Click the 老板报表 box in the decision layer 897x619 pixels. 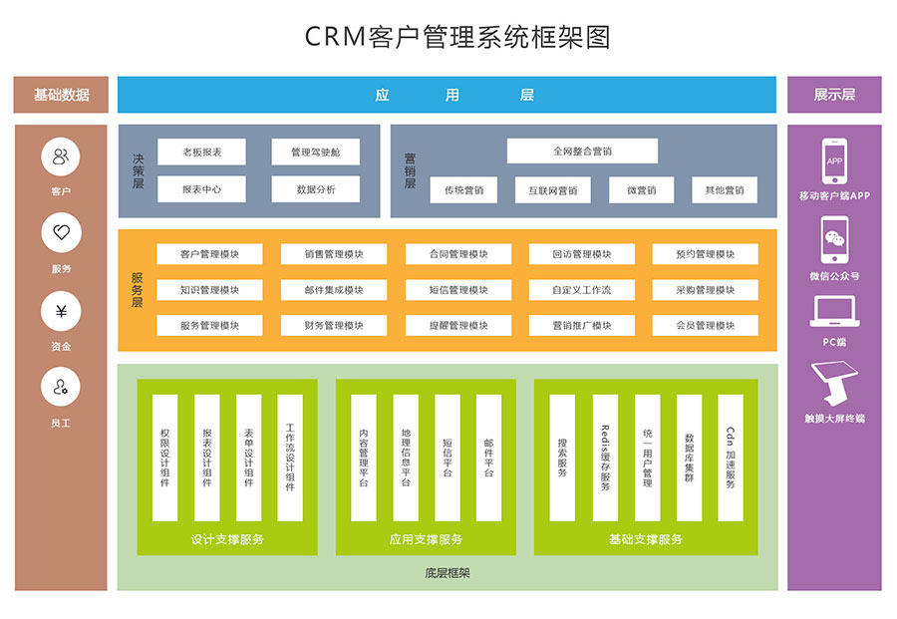click(201, 153)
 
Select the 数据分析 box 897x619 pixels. click(315, 189)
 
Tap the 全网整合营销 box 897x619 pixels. click(582, 152)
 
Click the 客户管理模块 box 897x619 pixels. click(209, 254)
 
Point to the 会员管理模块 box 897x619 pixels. click(705, 325)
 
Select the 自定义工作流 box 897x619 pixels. click(581, 290)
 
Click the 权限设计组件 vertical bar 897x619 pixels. click(164, 458)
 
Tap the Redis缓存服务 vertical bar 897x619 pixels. click(605, 458)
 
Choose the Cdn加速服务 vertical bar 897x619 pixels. click(731, 458)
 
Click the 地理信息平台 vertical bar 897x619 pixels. click(406, 458)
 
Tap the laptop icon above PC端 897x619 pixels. click(834, 312)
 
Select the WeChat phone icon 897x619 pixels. click(834, 240)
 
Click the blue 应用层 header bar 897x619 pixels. click(447, 95)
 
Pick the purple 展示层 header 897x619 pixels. click(834, 95)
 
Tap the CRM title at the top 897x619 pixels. click(456, 38)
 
